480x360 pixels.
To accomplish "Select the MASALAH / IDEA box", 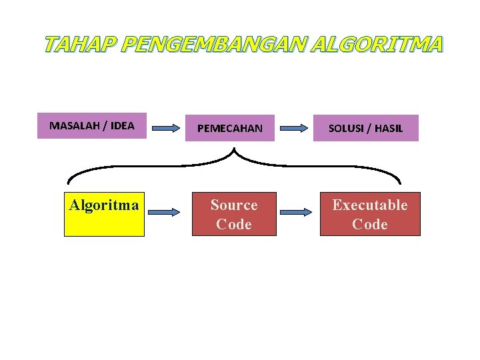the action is pyautogui.click(x=92, y=126).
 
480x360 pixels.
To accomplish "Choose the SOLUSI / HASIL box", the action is pyautogui.click(x=366, y=128).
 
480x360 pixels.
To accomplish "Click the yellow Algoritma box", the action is pyautogui.click(x=104, y=213).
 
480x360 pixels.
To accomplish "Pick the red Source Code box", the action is pyautogui.click(x=234, y=214).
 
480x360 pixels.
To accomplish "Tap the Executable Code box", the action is pyautogui.click(x=370, y=214).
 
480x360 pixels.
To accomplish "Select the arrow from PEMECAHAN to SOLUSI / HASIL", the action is pyautogui.click(x=296, y=127).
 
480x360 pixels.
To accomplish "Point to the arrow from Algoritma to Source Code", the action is pyautogui.click(x=164, y=212).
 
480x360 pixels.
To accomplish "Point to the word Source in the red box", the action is pyautogui.click(x=234, y=205).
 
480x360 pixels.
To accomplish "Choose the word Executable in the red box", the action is pyautogui.click(x=370, y=205).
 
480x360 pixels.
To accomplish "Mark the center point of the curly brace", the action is pyautogui.click(x=234, y=154).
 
